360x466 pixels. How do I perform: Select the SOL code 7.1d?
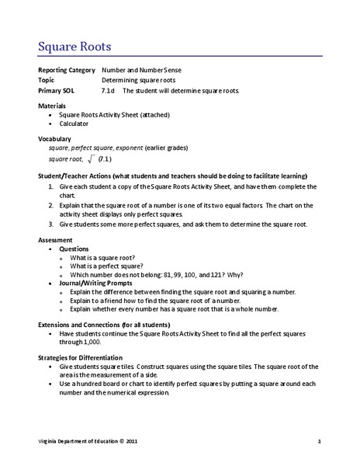(109, 90)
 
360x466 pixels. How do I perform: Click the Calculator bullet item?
(74, 123)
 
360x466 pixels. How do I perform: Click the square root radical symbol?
(92, 159)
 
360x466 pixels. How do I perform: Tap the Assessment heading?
(57, 240)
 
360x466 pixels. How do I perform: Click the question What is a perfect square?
(106, 266)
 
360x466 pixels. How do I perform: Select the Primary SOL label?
(58, 90)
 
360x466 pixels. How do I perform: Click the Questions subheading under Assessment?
(74, 249)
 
